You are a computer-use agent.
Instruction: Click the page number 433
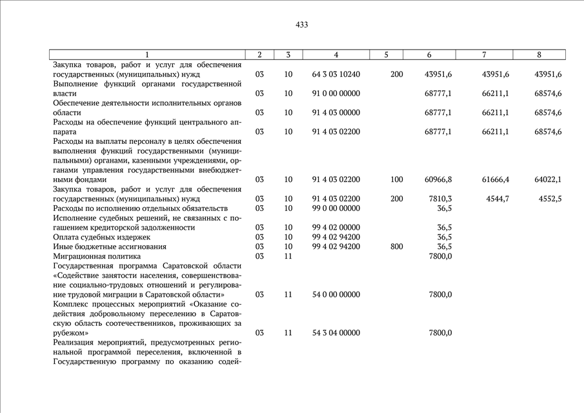pos(301,25)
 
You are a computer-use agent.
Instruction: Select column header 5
pos(386,55)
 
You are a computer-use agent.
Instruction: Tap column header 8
pos(539,55)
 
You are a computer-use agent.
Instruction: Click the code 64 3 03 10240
pos(336,74)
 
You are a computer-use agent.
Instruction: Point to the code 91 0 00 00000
pos(336,94)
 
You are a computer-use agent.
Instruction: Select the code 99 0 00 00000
pos(336,208)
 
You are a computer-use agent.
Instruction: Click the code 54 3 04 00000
pos(336,333)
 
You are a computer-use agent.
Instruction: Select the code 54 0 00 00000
pos(336,294)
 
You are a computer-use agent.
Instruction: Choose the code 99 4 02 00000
pos(336,227)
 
